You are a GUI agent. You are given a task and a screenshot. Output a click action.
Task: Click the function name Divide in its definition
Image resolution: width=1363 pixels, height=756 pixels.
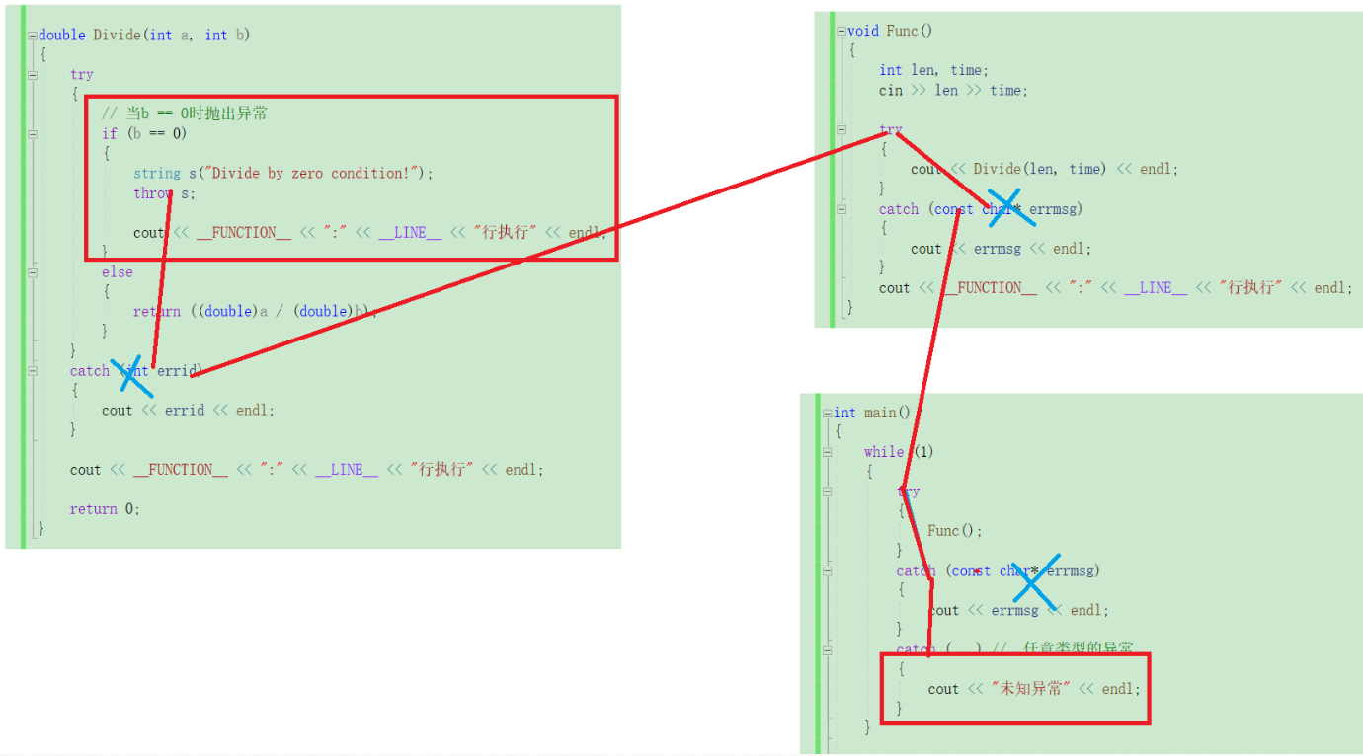pyautogui.click(x=118, y=36)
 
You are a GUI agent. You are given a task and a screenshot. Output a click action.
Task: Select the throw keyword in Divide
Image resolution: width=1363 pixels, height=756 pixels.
pyautogui.click(x=152, y=193)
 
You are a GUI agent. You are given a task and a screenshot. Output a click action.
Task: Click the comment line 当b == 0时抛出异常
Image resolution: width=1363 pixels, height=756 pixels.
pyautogui.click(x=185, y=114)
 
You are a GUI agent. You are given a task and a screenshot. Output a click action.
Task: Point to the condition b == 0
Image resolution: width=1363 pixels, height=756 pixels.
pyautogui.click(x=157, y=134)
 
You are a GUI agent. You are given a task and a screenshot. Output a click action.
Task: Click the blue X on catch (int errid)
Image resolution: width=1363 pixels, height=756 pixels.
pyautogui.click(x=131, y=375)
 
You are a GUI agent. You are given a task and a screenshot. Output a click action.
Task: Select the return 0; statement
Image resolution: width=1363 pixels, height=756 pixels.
pyautogui.click(x=105, y=509)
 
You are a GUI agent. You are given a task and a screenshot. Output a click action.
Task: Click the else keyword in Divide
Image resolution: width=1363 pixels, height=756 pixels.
pyautogui.click(x=117, y=272)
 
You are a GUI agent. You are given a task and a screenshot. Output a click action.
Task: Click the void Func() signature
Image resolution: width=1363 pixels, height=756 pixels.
pyautogui.click(x=889, y=31)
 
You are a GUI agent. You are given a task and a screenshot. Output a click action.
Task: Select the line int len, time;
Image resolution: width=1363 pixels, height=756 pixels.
pyautogui.click(x=933, y=70)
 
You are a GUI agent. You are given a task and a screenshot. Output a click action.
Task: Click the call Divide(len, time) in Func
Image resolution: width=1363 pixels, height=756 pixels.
pyautogui.click(x=1040, y=170)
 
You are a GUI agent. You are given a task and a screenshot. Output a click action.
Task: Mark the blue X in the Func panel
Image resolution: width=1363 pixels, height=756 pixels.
pyautogui.click(x=1004, y=208)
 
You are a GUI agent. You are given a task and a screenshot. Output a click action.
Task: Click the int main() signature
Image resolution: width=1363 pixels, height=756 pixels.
pyautogui.click(x=872, y=413)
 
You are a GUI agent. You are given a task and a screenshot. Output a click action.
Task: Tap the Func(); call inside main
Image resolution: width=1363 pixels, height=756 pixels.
pyautogui.click(x=955, y=531)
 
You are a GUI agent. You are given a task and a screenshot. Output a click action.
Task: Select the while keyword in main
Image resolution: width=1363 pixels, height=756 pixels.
pyautogui.click(x=884, y=452)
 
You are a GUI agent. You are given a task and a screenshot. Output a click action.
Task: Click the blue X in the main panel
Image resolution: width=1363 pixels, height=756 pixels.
pyautogui.click(x=1033, y=583)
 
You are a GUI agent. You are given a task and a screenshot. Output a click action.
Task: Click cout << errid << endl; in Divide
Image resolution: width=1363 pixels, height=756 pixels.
pyautogui.click(x=188, y=411)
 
